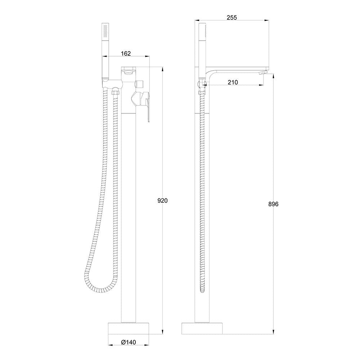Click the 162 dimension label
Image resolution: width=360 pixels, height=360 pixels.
click(x=126, y=53)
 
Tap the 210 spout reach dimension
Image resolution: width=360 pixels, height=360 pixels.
click(x=233, y=82)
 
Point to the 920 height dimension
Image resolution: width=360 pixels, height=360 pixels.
click(x=163, y=201)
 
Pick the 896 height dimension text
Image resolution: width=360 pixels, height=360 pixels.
click(x=274, y=204)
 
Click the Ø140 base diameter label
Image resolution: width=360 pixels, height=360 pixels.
click(x=128, y=343)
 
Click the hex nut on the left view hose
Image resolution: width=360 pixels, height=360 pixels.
click(x=115, y=93)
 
